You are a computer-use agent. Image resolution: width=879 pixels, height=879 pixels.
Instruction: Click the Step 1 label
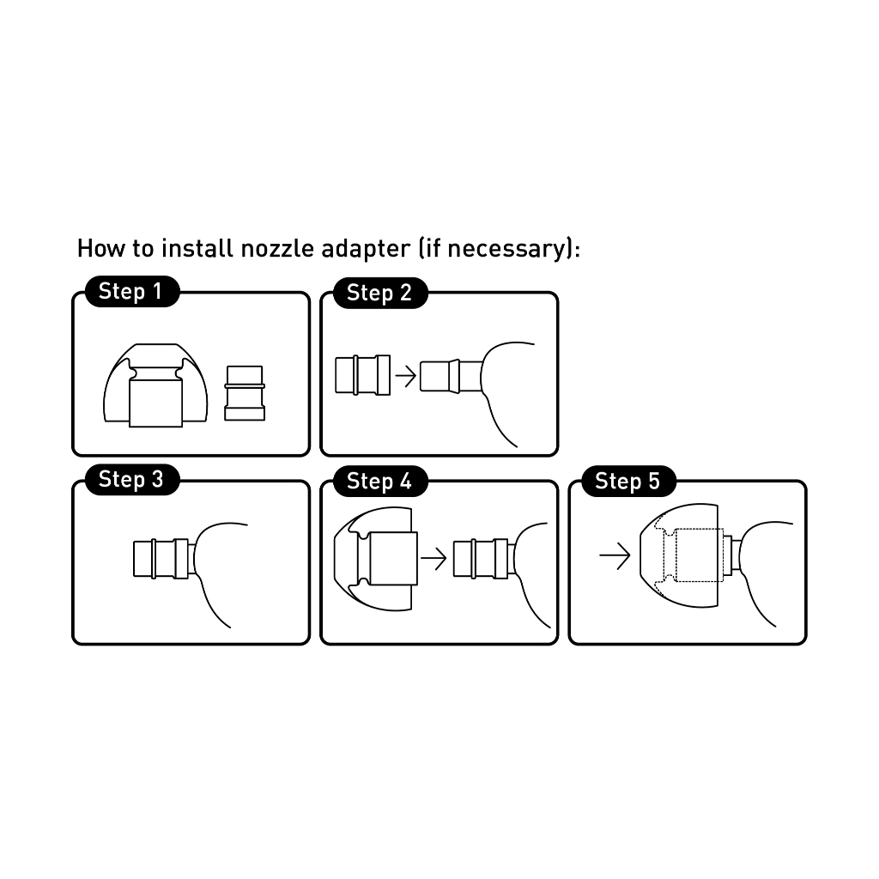click(x=132, y=292)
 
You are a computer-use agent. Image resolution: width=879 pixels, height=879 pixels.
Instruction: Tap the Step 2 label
click(x=380, y=293)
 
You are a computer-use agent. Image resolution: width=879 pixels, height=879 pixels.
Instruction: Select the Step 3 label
click(x=132, y=480)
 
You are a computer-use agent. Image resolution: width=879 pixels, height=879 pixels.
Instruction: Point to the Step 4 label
click(x=380, y=481)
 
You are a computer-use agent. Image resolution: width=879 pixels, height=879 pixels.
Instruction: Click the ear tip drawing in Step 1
click(x=155, y=385)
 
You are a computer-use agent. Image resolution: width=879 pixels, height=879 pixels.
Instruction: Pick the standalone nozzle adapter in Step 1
click(x=245, y=393)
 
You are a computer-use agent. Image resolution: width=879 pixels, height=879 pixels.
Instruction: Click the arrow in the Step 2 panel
click(x=406, y=376)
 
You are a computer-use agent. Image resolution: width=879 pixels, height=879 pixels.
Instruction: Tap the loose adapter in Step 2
click(x=363, y=375)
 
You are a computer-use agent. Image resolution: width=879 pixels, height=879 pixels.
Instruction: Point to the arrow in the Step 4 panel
click(x=433, y=558)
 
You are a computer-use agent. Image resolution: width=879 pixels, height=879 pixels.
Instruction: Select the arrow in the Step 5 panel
click(x=615, y=555)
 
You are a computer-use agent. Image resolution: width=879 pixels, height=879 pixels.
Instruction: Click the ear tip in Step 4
click(x=376, y=558)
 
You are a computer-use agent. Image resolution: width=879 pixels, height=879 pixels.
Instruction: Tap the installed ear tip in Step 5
click(x=680, y=555)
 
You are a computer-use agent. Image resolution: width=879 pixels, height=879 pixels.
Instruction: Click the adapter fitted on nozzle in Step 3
click(x=161, y=558)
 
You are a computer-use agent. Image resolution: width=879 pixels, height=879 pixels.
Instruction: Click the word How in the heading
click(x=101, y=248)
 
